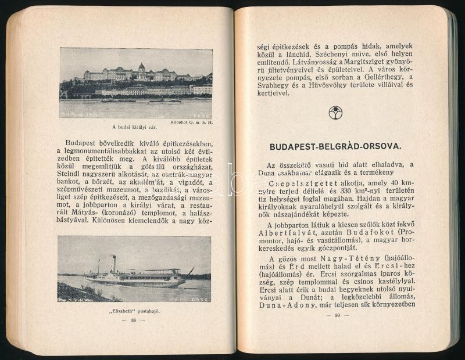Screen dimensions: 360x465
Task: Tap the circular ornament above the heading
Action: point(335,113)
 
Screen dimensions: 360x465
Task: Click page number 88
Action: point(134,321)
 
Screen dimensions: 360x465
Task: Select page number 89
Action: point(337,316)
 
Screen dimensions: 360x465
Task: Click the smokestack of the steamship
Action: point(114,263)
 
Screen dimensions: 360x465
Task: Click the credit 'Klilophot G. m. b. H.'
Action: point(191,123)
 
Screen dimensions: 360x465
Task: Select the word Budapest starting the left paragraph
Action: point(83,143)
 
